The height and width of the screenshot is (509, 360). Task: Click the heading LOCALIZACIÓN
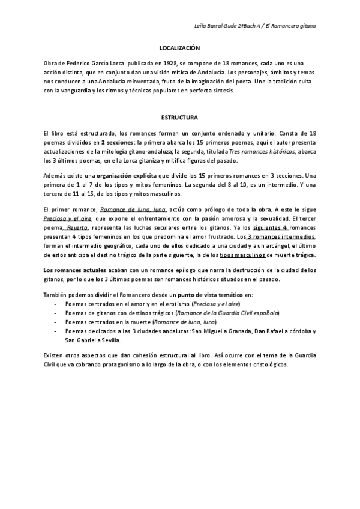pyautogui.click(x=179, y=47)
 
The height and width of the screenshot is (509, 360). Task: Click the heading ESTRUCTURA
pyautogui.click(x=180, y=118)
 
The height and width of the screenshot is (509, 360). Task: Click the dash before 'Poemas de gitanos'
pyautogui.click(x=55, y=313)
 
